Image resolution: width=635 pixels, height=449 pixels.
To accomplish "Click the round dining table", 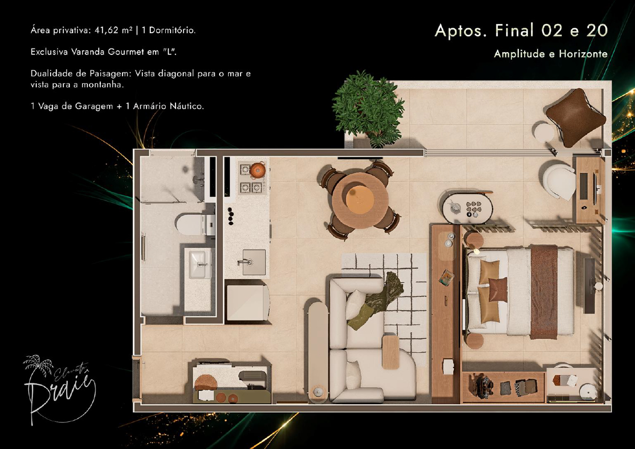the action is pyautogui.click(x=359, y=201).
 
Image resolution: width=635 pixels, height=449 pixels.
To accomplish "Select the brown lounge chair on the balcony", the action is pyautogui.click(x=575, y=117).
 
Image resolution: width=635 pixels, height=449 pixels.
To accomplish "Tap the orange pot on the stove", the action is pyautogui.click(x=257, y=170).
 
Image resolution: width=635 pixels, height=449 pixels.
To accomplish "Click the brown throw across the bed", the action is pyautogui.click(x=544, y=292).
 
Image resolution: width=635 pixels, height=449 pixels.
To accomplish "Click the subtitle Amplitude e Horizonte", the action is pyautogui.click(x=551, y=54).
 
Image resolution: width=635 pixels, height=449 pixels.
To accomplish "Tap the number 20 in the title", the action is pyautogui.click(x=597, y=30).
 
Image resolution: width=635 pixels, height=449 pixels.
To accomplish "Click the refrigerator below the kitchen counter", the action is pyautogui.click(x=247, y=302).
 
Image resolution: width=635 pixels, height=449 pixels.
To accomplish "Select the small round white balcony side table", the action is pyautogui.click(x=545, y=132).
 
